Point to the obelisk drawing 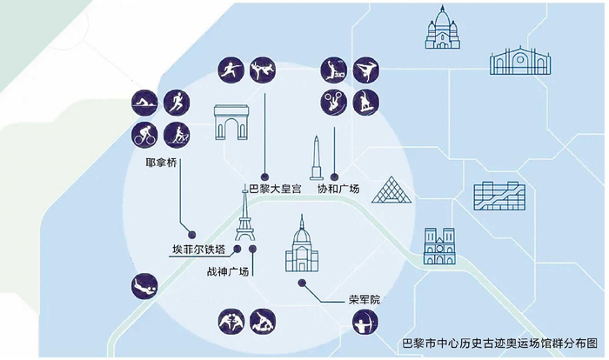tap(318, 160)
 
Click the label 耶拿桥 tap(164, 163)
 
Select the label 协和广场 tap(337, 189)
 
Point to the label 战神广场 tap(227, 272)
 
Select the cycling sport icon tap(144, 136)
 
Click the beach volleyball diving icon tap(144, 286)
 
